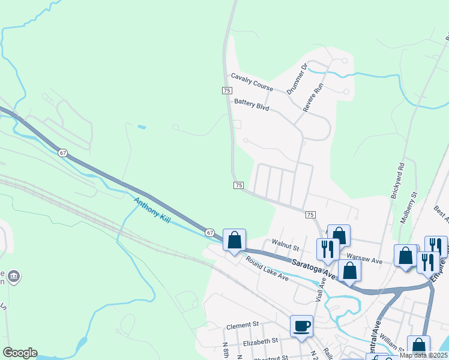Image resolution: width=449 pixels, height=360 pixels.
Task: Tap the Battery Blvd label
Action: tap(252, 105)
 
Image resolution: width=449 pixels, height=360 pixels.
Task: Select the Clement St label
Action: tap(242, 325)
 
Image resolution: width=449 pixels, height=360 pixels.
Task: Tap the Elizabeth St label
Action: tap(261, 340)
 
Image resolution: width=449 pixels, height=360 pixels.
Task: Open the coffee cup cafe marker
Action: tap(301, 326)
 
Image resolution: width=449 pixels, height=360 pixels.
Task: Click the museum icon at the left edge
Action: tap(14, 277)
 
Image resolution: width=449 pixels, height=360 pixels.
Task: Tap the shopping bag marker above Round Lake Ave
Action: tap(235, 240)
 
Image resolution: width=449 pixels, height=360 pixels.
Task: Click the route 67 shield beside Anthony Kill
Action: tap(209, 232)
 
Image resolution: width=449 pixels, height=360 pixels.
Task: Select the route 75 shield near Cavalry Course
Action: tap(227, 90)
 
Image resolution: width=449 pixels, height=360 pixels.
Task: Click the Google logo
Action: tap(20, 353)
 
